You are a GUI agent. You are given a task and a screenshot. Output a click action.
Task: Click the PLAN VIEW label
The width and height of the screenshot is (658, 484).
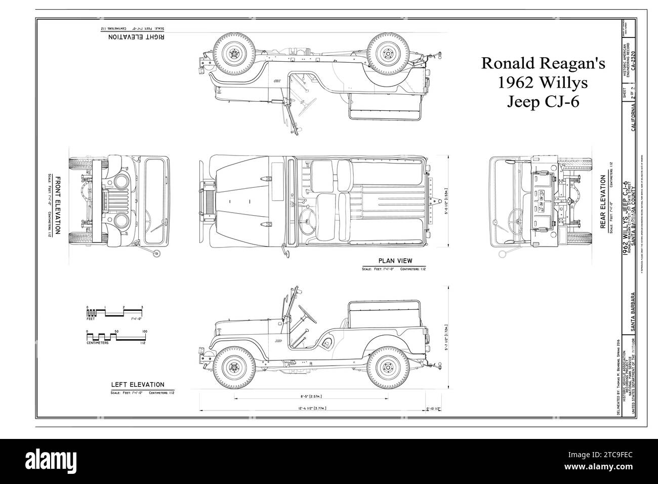pyautogui.click(x=395, y=261)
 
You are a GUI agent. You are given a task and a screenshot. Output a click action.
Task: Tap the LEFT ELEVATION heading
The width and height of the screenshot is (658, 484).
pyautogui.click(x=137, y=385)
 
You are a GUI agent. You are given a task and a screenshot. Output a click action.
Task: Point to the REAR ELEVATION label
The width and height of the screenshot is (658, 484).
pyautogui.click(x=603, y=203)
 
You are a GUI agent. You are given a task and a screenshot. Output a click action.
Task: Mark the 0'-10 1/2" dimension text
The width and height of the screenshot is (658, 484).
pyautogui.click(x=434, y=408)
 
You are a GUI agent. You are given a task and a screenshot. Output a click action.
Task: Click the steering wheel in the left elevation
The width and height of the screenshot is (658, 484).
pyautogui.click(x=307, y=313)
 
